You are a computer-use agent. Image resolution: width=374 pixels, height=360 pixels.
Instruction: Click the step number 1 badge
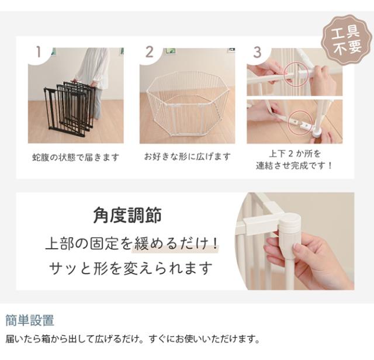(x=39, y=51)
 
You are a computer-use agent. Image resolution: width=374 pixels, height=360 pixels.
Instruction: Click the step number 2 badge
(x=150, y=51)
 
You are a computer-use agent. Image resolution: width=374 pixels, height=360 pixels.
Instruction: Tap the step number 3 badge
(x=257, y=51)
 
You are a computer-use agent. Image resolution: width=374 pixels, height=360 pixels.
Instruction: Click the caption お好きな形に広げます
(x=187, y=157)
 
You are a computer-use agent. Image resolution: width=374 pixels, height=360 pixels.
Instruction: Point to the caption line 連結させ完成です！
(x=295, y=165)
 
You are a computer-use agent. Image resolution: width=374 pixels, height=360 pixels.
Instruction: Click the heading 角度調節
(x=127, y=216)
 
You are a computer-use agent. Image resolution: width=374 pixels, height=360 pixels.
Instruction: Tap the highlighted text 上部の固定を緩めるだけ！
(x=131, y=243)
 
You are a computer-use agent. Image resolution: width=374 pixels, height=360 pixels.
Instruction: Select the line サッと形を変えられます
(x=131, y=269)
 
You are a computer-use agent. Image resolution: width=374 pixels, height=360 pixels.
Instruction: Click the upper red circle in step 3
(x=296, y=75)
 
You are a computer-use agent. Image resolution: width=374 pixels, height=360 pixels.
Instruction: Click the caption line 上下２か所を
(x=295, y=153)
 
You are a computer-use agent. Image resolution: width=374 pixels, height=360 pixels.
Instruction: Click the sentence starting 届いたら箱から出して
(x=131, y=339)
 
